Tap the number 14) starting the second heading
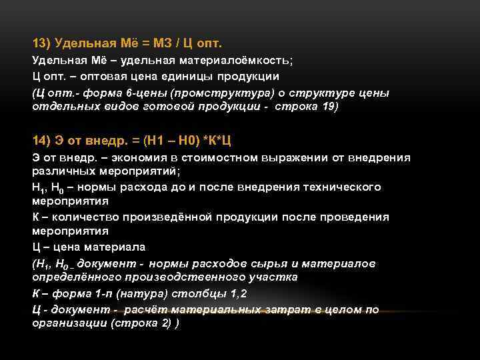coord(41,140)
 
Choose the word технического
coord(342,187)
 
